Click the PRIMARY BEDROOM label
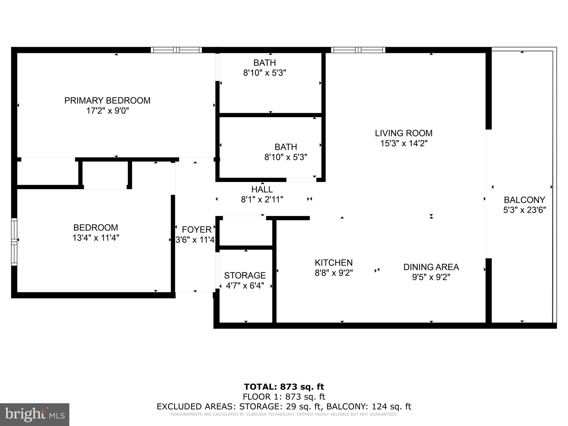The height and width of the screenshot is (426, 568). (x=107, y=100)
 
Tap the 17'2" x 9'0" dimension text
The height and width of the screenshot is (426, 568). (x=107, y=111)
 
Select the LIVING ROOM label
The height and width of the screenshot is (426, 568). (x=404, y=133)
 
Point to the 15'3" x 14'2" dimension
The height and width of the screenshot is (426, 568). (x=404, y=143)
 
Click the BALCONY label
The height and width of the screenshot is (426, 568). (x=524, y=200)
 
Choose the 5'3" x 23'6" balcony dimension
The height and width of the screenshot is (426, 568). (x=524, y=210)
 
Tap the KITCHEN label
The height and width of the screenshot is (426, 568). (x=334, y=262)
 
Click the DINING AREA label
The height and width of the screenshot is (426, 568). (x=431, y=267)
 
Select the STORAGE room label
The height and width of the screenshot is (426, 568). (x=245, y=275)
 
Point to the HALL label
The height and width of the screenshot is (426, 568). (x=262, y=189)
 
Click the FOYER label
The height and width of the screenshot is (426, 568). (x=196, y=229)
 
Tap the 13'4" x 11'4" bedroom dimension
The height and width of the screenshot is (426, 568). (x=96, y=238)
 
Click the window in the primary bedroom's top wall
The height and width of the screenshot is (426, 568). (x=176, y=50)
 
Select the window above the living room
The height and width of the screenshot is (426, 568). (x=358, y=50)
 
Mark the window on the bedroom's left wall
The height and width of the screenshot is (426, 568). (x=14, y=242)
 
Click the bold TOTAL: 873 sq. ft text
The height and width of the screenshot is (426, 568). (x=284, y=387)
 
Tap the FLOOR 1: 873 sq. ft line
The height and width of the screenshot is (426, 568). (x=284, y=397)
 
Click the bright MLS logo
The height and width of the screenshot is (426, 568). (x=35, y=414)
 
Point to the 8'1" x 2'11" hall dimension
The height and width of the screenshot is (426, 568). (x=262, y=199)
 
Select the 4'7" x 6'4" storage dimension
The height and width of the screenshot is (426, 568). (x=245, y=285)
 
